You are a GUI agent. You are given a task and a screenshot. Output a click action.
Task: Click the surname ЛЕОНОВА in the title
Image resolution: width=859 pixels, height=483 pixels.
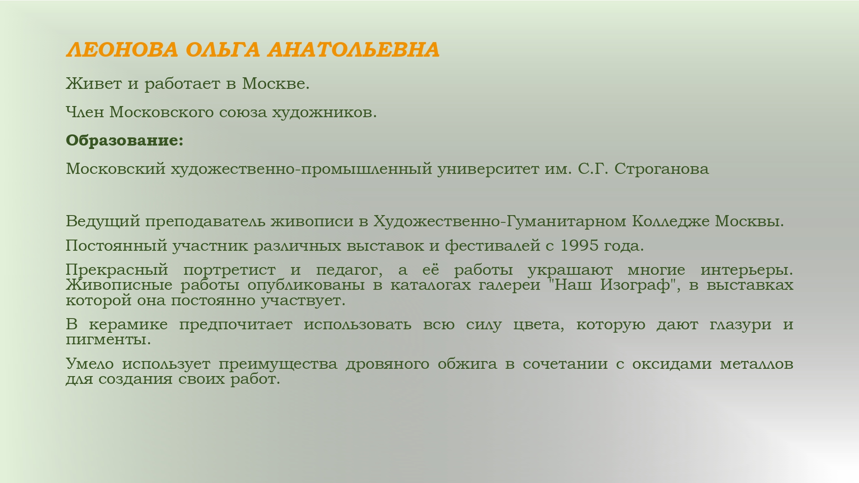click(122, 50)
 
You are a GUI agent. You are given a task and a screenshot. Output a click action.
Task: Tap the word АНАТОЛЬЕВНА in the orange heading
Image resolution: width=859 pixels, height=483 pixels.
click(354, 50)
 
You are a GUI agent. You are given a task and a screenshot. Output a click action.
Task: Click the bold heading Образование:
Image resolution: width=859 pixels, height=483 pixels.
click(125, 141)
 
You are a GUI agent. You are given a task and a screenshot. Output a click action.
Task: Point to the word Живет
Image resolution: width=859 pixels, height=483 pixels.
click(94, 83)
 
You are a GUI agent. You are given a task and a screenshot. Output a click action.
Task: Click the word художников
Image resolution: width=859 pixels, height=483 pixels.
click(324, 112)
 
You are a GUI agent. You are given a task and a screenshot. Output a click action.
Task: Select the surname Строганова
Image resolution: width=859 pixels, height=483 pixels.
click(661, 169)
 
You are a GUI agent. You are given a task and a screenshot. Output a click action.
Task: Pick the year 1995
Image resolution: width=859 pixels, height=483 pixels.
click(579, 246)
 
